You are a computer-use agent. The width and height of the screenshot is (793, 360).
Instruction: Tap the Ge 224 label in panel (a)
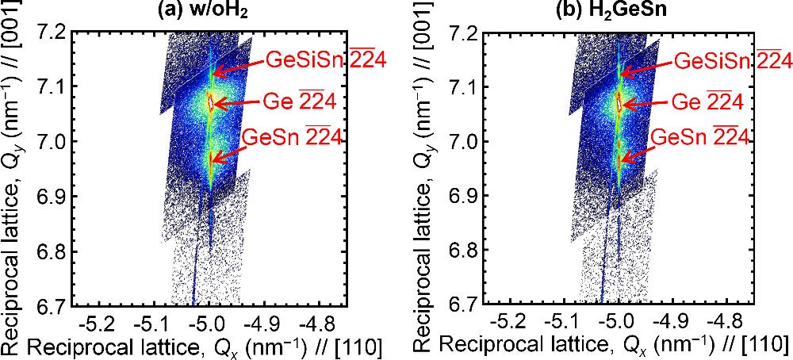(302, 101)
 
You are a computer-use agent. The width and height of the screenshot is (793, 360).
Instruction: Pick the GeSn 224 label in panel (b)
(701, 136)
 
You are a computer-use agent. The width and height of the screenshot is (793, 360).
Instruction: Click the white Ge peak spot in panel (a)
(210, 100)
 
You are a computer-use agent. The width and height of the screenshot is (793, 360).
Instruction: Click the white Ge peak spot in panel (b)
(619, 100)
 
